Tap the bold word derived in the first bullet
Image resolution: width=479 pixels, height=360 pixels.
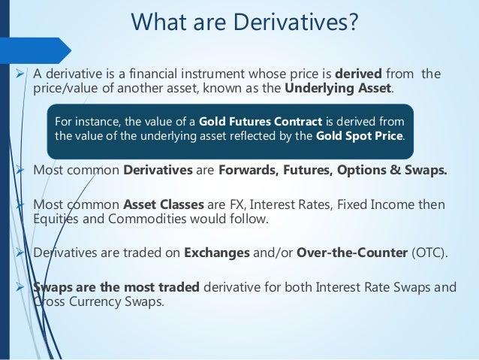pos(357,74)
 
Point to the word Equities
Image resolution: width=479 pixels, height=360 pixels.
pos(58,219)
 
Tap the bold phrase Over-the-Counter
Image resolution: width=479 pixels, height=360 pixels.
pos(351,252)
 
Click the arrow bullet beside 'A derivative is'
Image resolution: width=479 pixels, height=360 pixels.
pos(20,74)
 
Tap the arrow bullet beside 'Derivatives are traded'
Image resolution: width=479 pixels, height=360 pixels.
pos(20,252)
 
